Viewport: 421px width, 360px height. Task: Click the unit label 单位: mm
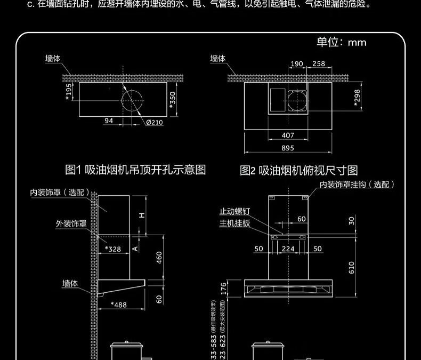tap(342, 42)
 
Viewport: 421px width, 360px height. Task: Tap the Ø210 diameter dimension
tap(155, 122)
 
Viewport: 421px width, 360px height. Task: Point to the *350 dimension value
tap(172, 99)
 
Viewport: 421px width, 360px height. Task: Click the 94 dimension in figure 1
tap(109, 121)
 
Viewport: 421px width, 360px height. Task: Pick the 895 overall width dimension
tap(287, 148)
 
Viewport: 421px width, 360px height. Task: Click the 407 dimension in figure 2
tap(287, 135)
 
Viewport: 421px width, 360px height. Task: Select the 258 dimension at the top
tap(318, 64)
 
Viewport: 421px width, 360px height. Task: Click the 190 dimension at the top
tap(296, 64)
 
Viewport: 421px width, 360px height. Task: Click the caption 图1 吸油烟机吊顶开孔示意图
tap(135, 170)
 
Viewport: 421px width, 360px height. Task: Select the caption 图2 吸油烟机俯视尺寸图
tap(298, 170)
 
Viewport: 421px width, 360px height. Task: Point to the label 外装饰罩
tap(71, 223)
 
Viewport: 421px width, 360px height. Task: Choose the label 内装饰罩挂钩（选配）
tap(357, 185)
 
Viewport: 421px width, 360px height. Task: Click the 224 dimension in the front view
tap(288, 249)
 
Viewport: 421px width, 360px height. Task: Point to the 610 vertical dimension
tap(351, 267)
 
